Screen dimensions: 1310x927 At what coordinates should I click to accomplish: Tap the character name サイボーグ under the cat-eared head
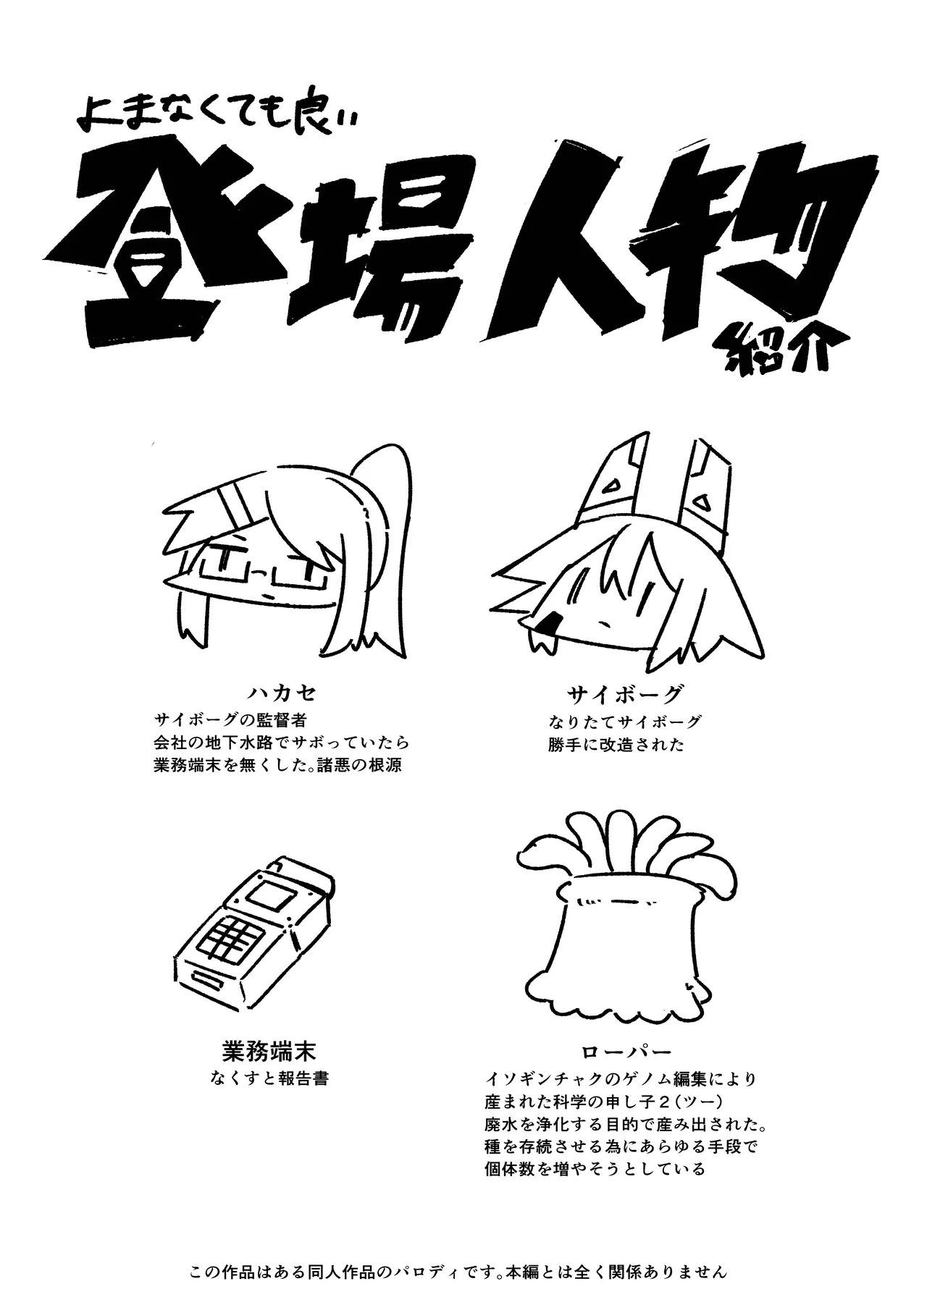click(624, 695)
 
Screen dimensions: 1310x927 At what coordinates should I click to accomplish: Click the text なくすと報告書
click(269, 1078)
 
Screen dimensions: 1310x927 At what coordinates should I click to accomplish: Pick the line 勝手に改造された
click(616, 745)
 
